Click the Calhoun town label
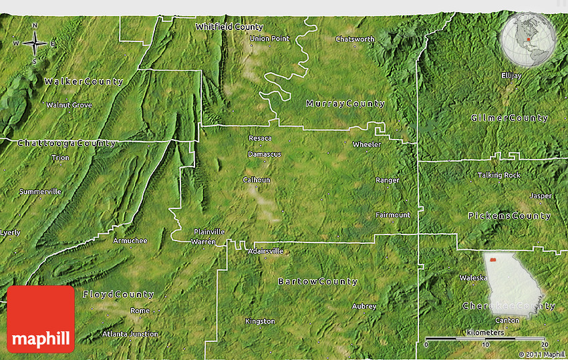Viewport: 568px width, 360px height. (257, 180)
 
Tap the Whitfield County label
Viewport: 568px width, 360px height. (229, 27)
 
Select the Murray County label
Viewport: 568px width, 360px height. (345, 104)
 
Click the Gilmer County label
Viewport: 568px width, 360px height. (509, 118)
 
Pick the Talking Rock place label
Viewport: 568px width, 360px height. (499, 175)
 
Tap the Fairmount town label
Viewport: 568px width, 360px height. (392, 215)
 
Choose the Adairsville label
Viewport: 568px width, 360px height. (265, 251)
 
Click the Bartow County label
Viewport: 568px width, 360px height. (317, 282)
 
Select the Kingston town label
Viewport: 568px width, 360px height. (260, 321)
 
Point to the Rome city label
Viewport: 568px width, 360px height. (140, 311)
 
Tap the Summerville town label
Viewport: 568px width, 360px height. (40, 192)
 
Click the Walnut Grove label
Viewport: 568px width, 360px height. (69, 106)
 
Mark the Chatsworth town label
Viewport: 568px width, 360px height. (355, 39)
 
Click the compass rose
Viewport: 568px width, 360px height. (35, 44)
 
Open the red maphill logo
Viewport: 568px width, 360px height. (41, 319)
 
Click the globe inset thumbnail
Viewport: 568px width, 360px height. (528, 39)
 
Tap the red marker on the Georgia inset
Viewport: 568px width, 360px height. (492, 260)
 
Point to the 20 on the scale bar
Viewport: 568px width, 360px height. (544, 345)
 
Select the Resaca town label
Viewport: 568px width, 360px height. (260, 138)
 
